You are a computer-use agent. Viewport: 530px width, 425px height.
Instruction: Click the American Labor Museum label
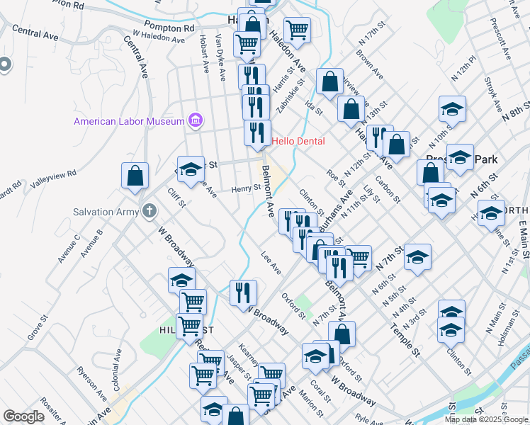pyautogui.click(x=130, y=121)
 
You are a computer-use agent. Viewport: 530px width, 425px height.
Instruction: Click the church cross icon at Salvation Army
pyautogui.click(x=149, y=210)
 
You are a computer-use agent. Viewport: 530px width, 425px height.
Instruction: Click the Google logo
pyautogui.click(x=24, y=416)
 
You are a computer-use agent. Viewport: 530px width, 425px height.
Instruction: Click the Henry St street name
pyautogui.click(x=247, y=189)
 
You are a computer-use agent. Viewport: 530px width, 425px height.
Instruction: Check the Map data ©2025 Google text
pyautogui.click(x=485, y=419)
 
